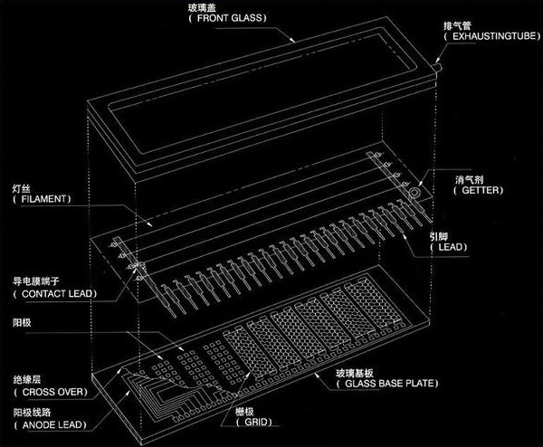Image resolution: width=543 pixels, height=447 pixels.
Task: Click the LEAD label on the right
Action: coord(447,247)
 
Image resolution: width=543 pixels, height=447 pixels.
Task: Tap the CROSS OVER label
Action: coord(49,392)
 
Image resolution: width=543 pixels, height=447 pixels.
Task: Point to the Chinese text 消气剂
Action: coord(468,179)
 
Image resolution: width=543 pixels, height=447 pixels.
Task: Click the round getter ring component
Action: coord(415,193)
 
